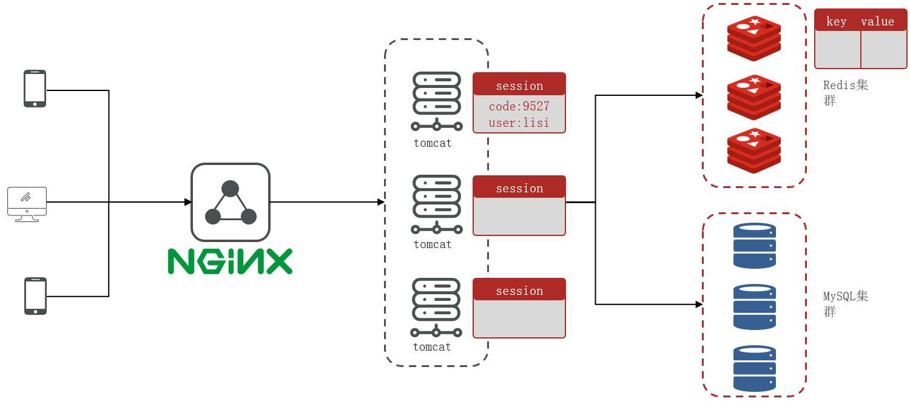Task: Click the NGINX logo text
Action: click(x=230, y=261)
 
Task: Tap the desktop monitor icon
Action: click(x=27, y=204)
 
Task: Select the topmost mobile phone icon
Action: click(x=35, y=89)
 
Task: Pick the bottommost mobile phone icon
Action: click(x=35, y=296)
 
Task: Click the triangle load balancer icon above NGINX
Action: click(x=231, y=203)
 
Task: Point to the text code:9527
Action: click(x=519, y=107)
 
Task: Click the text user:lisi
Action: click(x=519, y=123)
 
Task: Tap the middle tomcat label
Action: click(x=433, y=244)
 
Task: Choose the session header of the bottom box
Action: click(x=519, y=291)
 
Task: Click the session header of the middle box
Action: click(x=519, y=189)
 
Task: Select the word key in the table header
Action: click(x=837, y=22)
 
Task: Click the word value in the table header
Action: click(x=877, y=22)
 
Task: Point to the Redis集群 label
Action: click(x=845, y=92)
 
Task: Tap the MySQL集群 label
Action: click(x=845, y=303)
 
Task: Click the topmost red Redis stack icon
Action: click(x=754, y=38)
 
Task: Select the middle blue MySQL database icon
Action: click(x=755, y=307)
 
